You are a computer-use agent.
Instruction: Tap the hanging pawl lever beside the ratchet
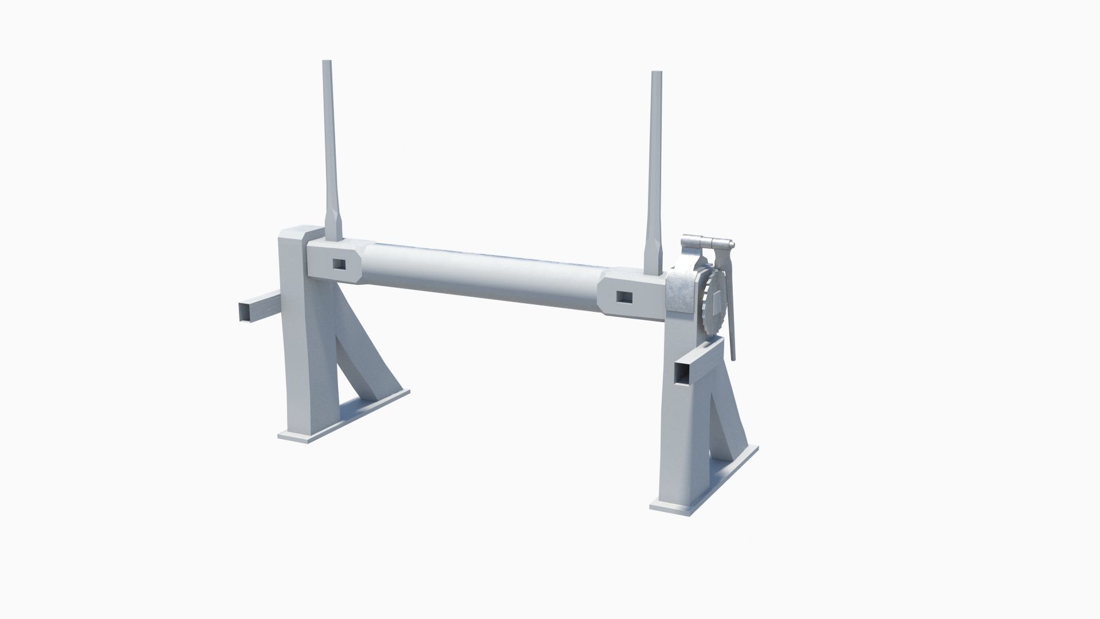[x=729, y=309]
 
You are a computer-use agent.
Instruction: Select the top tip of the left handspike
[x=328, y=62]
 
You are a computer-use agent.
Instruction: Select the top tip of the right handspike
[x=656, y=73]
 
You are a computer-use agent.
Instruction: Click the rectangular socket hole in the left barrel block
[x=340, y=263]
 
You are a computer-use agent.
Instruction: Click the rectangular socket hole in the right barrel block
[x=623, y=297]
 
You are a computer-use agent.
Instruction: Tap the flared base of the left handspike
[x=333, y=226]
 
